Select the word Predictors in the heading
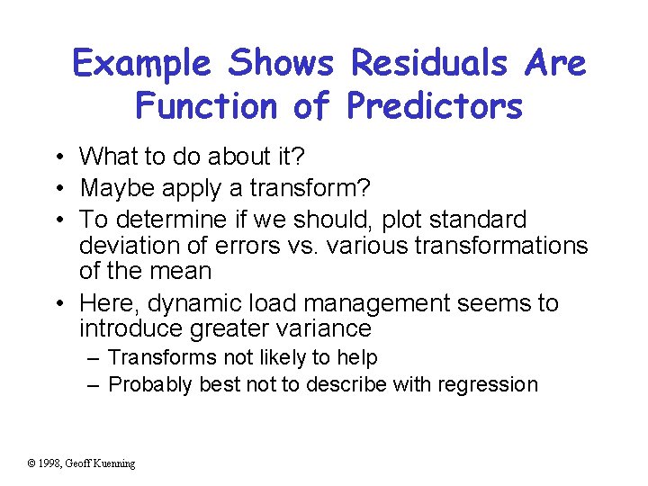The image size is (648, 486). [434, 106]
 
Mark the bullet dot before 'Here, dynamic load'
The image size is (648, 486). [57, 304]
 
